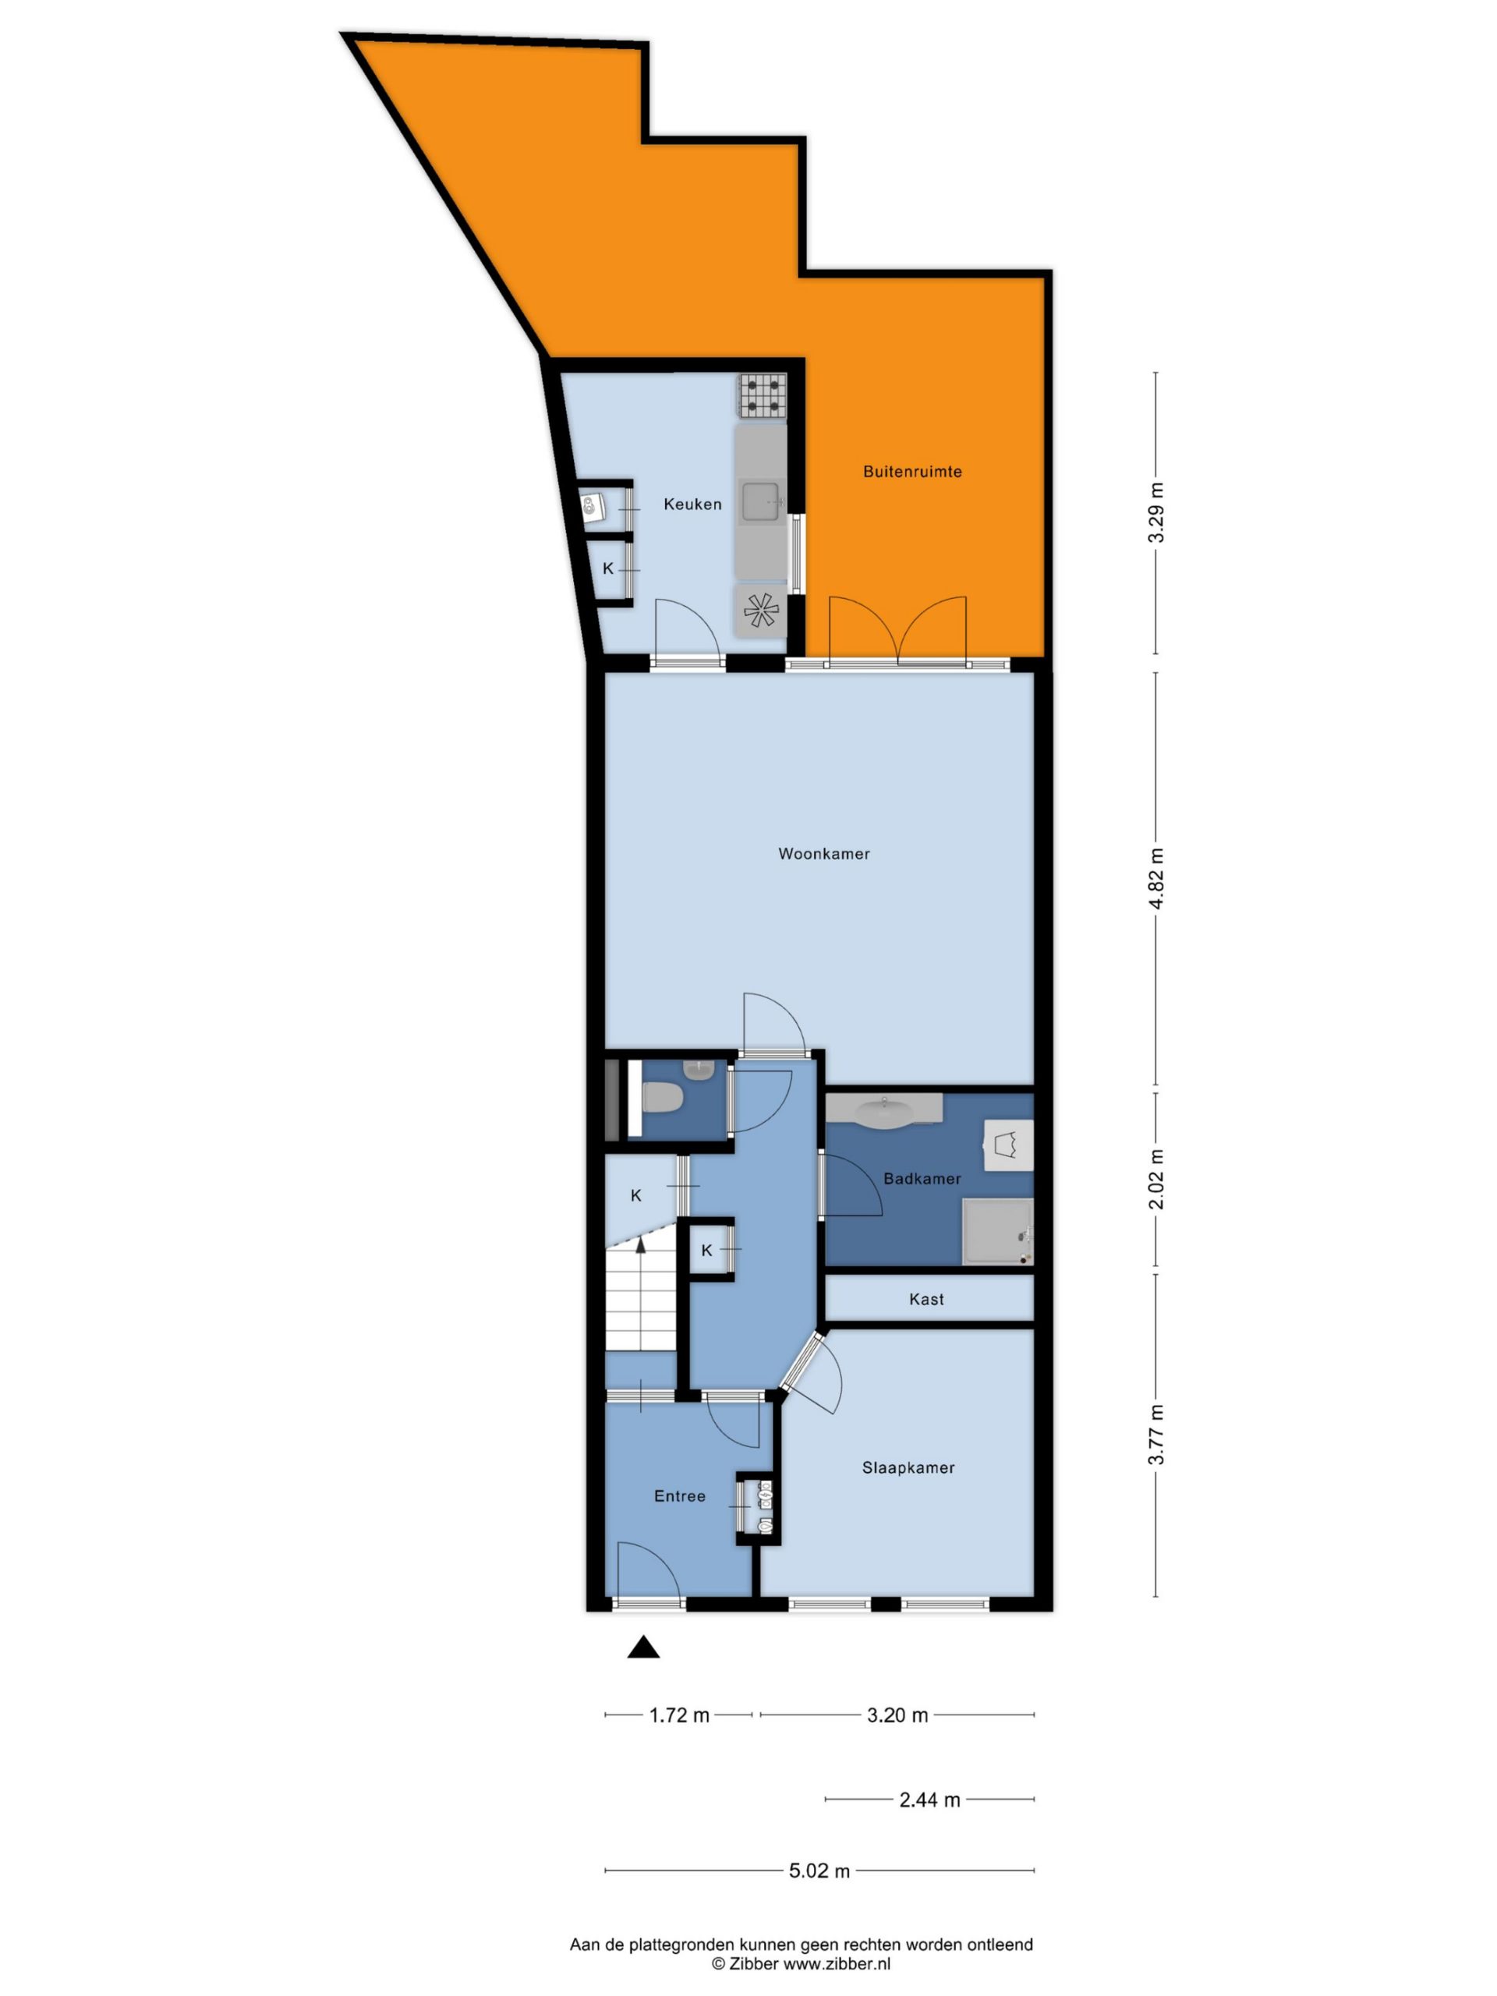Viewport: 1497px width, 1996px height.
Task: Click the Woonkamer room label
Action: pyautogui.click(x=824, y=854)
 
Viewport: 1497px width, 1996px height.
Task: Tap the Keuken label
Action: pyautogui.click(x=692, y=504)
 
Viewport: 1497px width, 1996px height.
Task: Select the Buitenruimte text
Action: pyautogui.click(x=912, y=471)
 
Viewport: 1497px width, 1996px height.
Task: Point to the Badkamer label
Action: pyautogui.click(x=922, y=1178)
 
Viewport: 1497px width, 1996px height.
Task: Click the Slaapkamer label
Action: pyautogui.click(x=908, y=1468)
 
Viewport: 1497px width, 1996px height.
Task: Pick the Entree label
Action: pyautogui.click(x=679, y=1496)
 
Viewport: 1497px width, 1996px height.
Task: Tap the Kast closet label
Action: pyautogui.click(x=927, y=1300)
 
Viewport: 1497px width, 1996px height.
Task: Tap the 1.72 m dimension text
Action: pyautogui.click(x=679, y=1715)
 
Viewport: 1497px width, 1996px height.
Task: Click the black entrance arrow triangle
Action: pyautogui.click(x=643, y=1647)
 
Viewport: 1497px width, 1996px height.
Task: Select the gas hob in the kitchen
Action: pyautogui.click(x=763, y=396)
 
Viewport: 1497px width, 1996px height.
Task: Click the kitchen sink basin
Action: pyautogui.click(x=762, y=503)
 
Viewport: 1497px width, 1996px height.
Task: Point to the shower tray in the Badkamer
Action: pyautogui.click(x=997, y=1232)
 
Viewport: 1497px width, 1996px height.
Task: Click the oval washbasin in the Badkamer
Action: pyautogui.click(x=884, y=1113)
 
